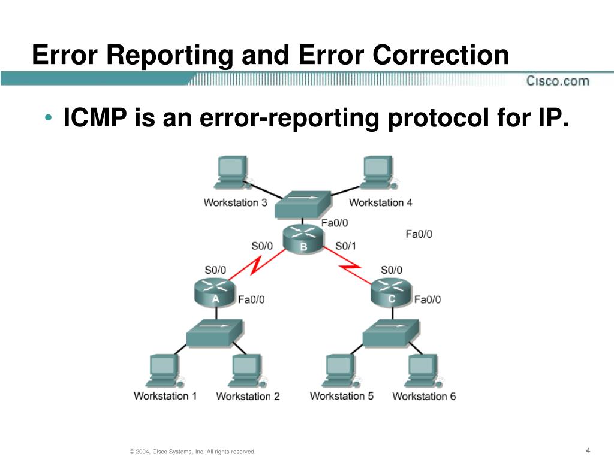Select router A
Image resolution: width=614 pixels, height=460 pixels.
[x=215, y=291]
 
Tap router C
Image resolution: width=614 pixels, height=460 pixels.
[x=392, y=291]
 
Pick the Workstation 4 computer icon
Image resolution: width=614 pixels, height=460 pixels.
[x=378, y=173]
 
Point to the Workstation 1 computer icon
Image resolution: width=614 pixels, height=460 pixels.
[x=163, y=371]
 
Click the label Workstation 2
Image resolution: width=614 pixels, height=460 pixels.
[x=248, y=396]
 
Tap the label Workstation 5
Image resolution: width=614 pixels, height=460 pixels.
[x=341, y=396]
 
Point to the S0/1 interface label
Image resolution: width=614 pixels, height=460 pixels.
[x=345, y=246]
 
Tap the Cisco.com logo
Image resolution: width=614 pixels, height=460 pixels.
[x=558, y=81]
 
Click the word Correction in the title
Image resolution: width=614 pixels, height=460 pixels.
[x=440, y=56]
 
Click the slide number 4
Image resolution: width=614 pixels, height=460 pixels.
[x=588, y=450]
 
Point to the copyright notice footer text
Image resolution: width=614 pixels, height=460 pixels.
[x=192, y=452]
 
